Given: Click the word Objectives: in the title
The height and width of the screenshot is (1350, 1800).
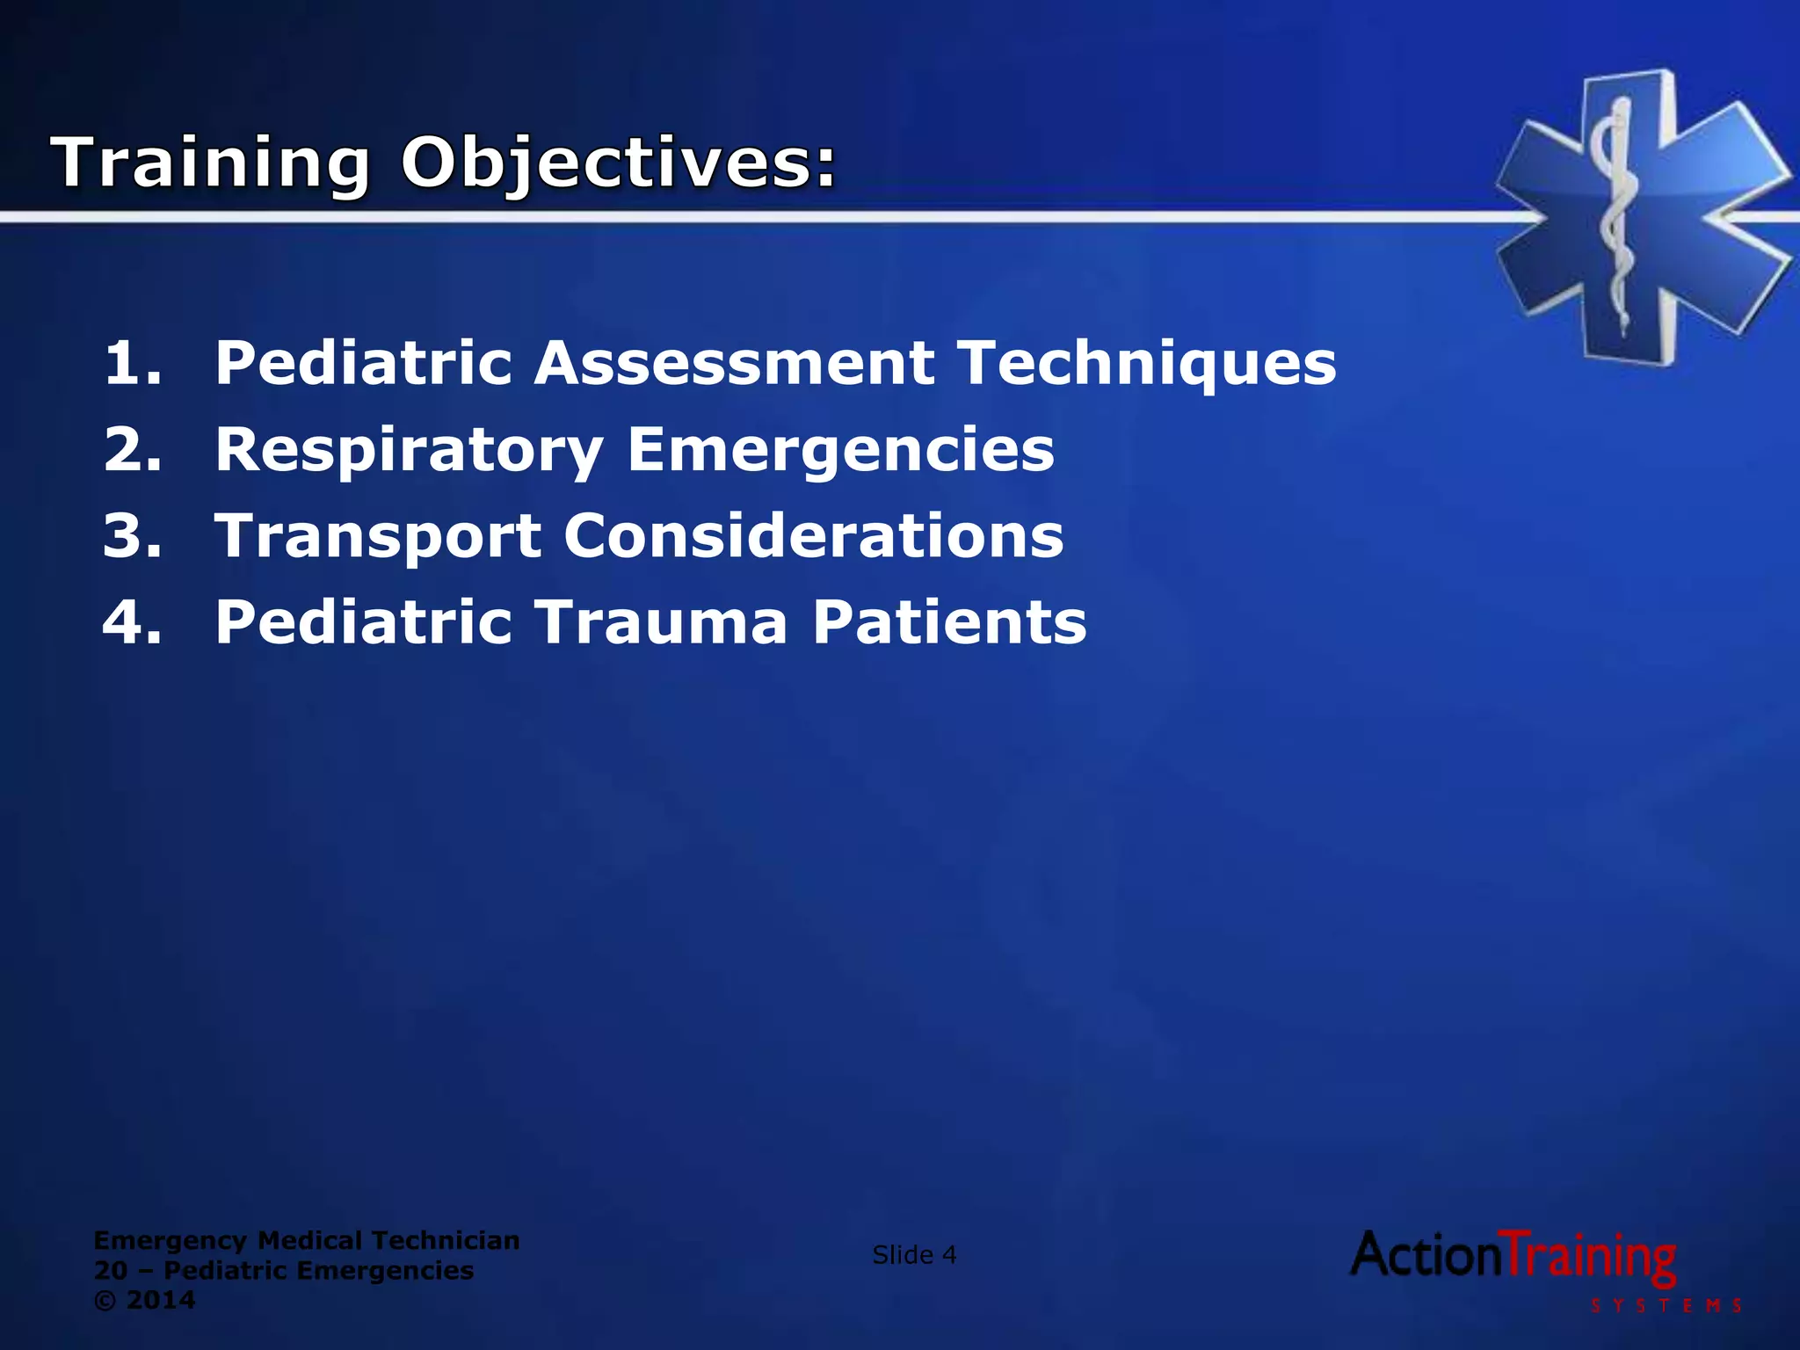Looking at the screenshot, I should click(x=618, y=163).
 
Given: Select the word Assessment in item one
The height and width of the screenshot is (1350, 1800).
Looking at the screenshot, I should click(x=735, y=362).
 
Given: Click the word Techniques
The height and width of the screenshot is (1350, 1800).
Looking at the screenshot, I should click(x=1147, y=364).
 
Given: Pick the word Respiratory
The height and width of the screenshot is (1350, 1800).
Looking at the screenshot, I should click(x=409, y=451).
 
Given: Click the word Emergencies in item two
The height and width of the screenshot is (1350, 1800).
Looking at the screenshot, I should click(x=840, y=451).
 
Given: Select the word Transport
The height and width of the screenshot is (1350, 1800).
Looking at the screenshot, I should click(x=379, y=537).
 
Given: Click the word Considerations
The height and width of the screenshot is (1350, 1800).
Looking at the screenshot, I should click(x=813, y=535).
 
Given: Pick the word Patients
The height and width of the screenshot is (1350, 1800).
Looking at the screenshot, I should click(x=949, y=621).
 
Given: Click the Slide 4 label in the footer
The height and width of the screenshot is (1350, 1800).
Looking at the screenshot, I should click(x=914, y=1255).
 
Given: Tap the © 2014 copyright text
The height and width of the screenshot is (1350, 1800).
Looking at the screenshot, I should click(x=145, y=1300).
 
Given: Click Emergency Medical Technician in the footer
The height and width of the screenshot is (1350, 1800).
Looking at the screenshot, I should click(x=307, y=1240).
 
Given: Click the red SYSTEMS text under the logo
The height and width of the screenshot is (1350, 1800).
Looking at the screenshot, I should click(x=1666, y=1305).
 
